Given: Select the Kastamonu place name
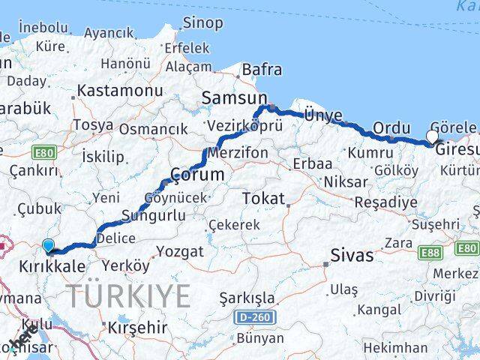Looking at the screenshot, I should pyautogui.click(x=109, y=90).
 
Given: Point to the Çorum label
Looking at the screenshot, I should pyautogui.click(x=197, y=174).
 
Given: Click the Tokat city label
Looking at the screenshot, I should pyautogui.click(x=263, y=199).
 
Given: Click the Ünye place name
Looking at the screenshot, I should pyautogui.click(x=323, y=115).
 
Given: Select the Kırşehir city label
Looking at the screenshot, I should pyautogui.click(x=136, y=328).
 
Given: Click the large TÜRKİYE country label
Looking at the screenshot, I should pyautogui.click(x=130, y=296).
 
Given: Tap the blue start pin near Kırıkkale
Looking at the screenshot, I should pyautogui.click(x=49, y=245).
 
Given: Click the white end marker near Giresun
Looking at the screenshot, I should pyautogui.click(x=432, y=136).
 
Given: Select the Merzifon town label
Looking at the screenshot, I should pyautogui.click(x=237, y=152).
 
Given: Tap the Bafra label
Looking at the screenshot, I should pyautogui.click(x=262, y=70).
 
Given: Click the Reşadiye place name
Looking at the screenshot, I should pyautogui.click(x=385, y=202).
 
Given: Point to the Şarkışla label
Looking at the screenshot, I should pyautogui.click(x=247, y=298).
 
